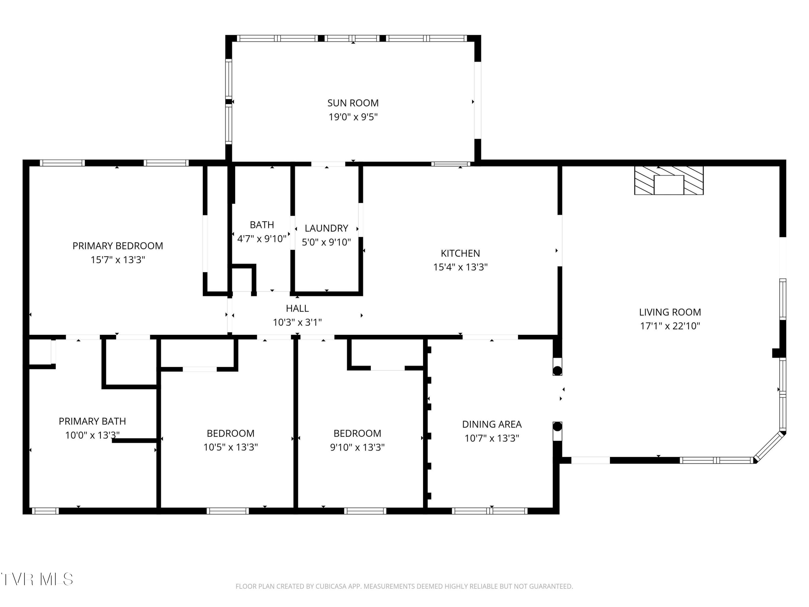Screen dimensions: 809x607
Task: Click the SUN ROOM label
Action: tap(353, 103)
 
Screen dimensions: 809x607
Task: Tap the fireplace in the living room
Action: tap(669, 180)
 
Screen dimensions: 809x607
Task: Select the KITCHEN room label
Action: tap(460, 253)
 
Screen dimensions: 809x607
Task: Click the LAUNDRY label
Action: tap(326, 228)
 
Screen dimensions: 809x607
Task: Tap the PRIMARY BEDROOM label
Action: tap(118, 246)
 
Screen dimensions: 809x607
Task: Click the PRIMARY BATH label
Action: tap(92, 421)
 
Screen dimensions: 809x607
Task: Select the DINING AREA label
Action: tap(492, 424)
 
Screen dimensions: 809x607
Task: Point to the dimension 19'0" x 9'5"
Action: tap(353, 117)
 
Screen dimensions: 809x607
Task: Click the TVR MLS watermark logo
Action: tap(37, 579)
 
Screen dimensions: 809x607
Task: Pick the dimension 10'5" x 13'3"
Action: tap(230, 447)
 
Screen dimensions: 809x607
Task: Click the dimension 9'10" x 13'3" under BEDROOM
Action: tap(357, 447)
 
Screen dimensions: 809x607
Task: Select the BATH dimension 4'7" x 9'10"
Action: tap(262, 239)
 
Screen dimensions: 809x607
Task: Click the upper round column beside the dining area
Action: tap(557, 371)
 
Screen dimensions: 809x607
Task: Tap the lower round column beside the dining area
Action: tap(557, 427)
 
